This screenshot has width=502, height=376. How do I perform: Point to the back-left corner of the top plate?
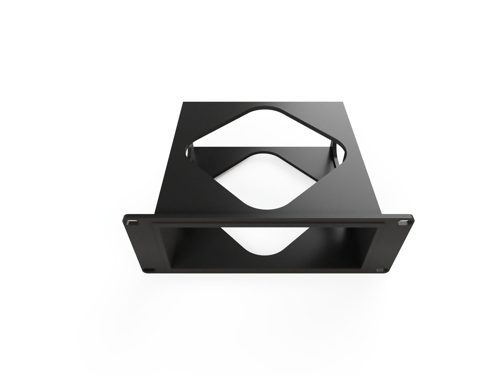[183, 102]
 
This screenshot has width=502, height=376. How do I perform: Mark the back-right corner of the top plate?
[344, 102]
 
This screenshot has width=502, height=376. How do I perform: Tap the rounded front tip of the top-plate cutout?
[266, 208]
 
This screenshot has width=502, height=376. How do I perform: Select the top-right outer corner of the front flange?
[412, 216]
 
